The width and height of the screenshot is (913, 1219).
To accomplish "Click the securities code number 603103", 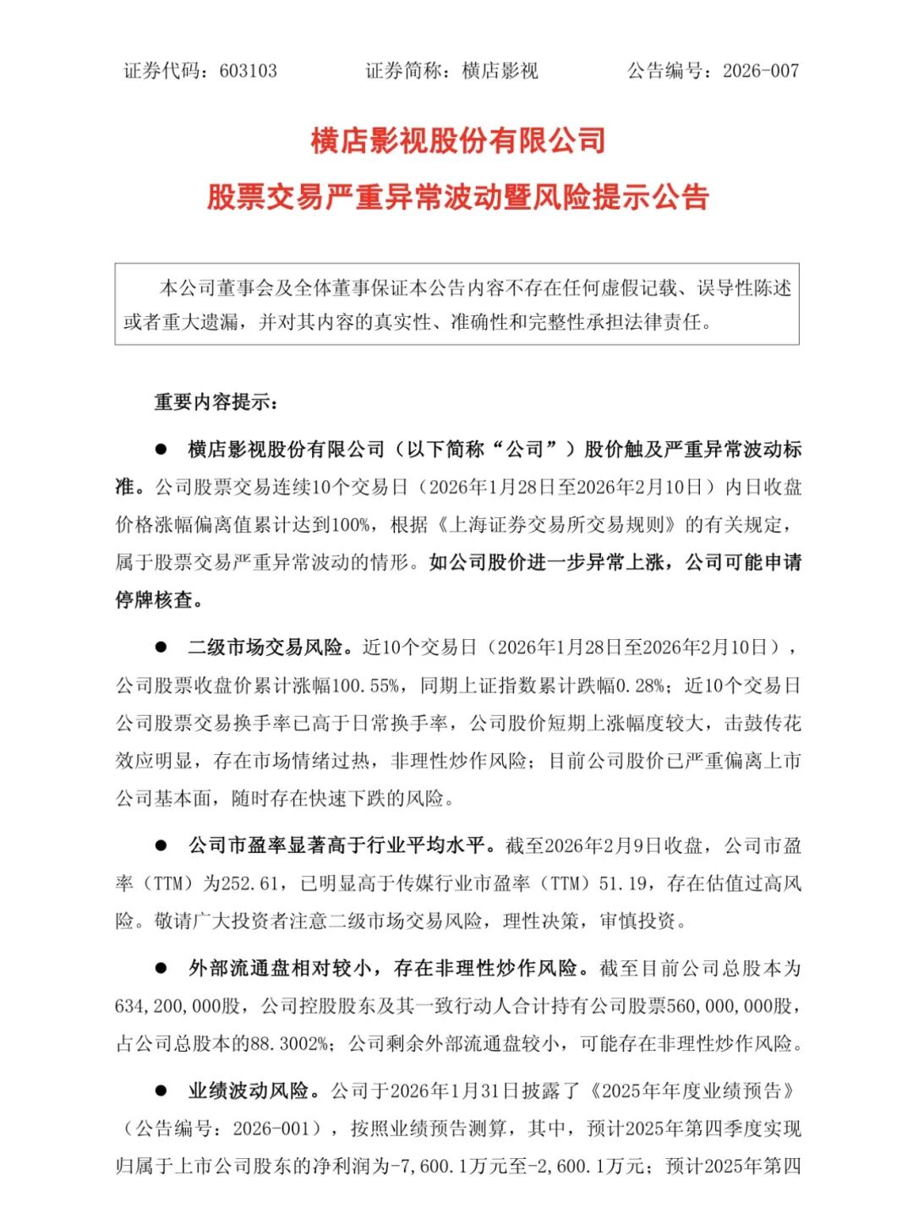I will click(249, 71).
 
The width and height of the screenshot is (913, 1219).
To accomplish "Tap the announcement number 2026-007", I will click(761, 71).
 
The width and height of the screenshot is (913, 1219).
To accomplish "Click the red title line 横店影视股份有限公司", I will click(458, 140).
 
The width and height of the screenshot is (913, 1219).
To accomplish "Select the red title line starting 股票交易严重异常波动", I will click(458, 197).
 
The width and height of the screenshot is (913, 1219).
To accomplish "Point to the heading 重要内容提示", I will click(216, 402).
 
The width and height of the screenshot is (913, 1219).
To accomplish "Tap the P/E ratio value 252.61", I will click(250, 884).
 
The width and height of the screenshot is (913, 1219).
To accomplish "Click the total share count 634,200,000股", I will click(178, 1007).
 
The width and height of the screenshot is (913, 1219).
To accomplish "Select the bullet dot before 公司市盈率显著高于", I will click(161, 845).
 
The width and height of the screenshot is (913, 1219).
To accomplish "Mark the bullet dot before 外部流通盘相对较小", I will click(161, 968).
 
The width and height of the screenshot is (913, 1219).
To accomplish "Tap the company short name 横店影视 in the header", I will click(500, 71).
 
